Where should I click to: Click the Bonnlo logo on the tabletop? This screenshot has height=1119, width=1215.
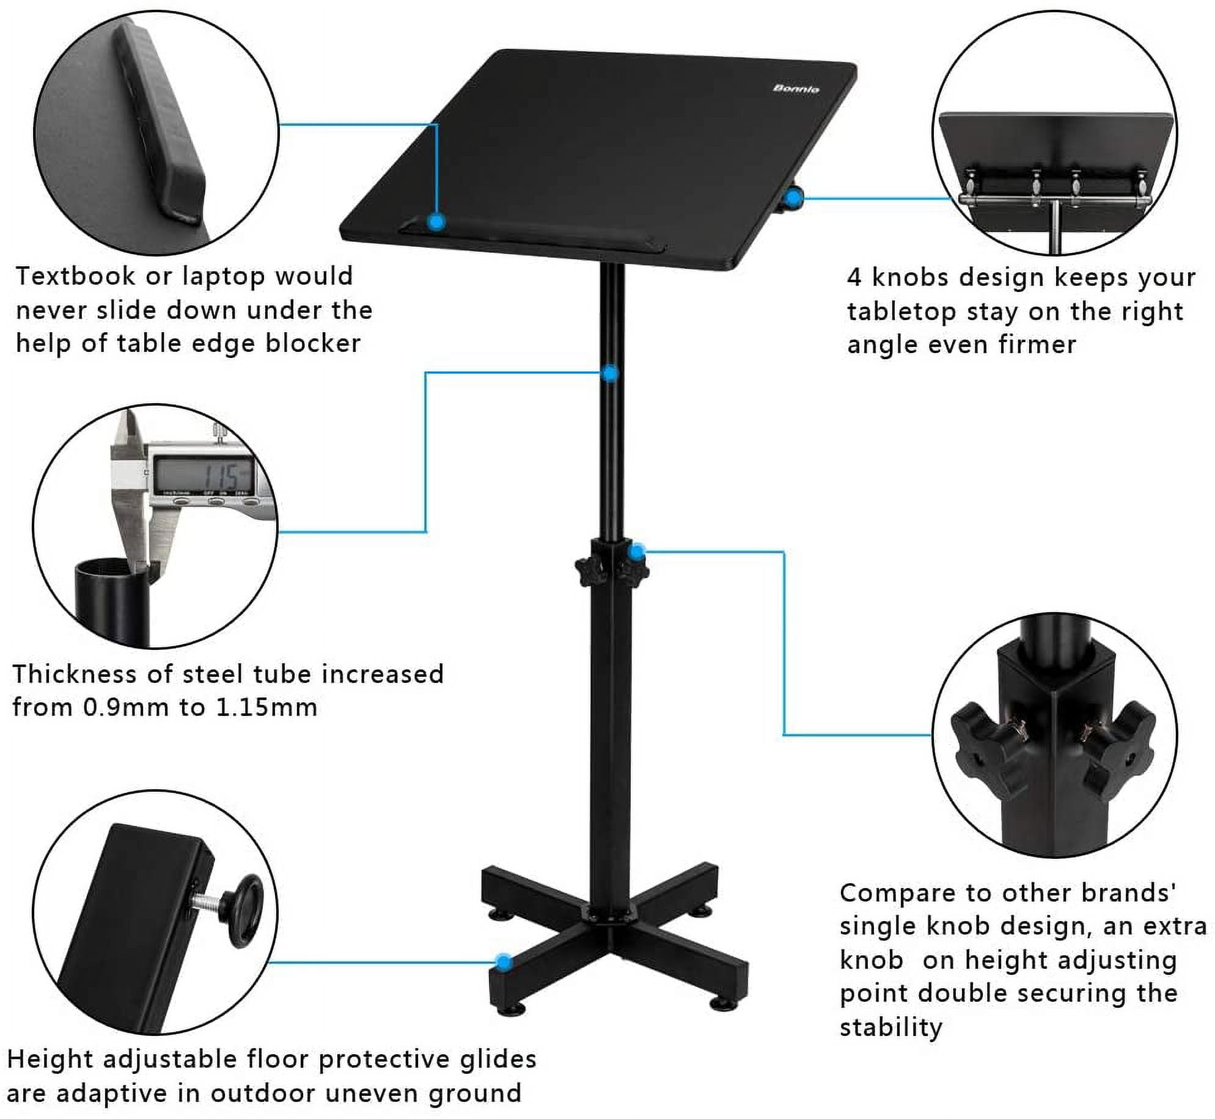[796, 89]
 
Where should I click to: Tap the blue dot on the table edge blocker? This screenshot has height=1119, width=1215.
[436, 222]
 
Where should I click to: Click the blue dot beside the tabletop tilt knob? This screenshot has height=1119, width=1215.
[793, 198]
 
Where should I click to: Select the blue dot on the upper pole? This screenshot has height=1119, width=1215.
[610, 373]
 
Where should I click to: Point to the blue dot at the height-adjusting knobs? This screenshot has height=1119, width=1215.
[637, 552]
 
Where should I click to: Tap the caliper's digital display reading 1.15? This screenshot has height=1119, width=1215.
[203, 474]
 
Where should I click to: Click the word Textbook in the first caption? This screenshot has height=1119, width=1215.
[75, 276]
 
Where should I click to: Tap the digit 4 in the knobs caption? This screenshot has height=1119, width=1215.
[854, 278]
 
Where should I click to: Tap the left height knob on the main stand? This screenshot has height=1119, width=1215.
[586, 570]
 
